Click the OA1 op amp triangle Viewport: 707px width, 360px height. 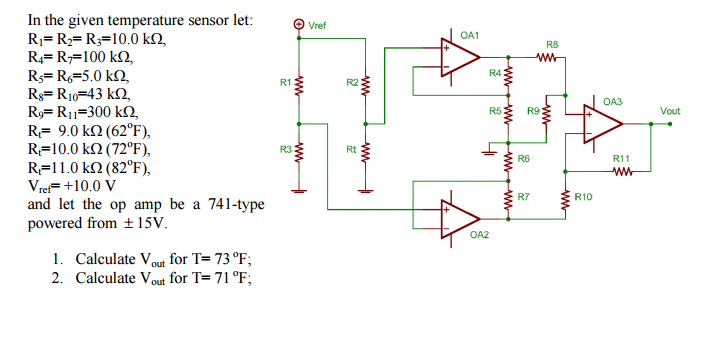462,56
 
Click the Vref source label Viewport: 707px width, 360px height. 318,24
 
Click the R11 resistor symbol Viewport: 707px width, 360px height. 621,170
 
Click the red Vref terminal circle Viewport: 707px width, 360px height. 298,24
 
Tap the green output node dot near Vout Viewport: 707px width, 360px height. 652,124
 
